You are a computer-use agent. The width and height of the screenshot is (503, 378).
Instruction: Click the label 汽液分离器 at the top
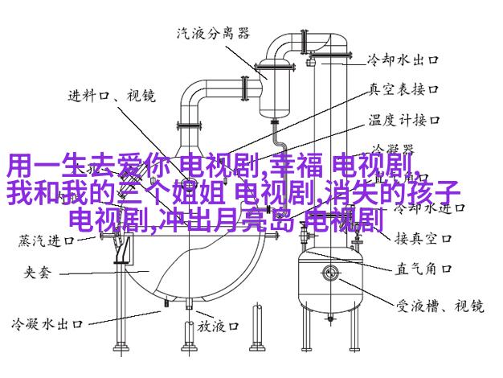[212, 33]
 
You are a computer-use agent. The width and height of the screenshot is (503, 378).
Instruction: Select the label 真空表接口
[403, 90]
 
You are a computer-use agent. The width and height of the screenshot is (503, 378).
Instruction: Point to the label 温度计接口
[403, 120]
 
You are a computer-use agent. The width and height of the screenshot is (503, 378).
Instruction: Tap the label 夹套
[33, 273]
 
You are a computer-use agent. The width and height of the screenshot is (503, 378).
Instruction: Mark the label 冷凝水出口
[47, 325]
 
